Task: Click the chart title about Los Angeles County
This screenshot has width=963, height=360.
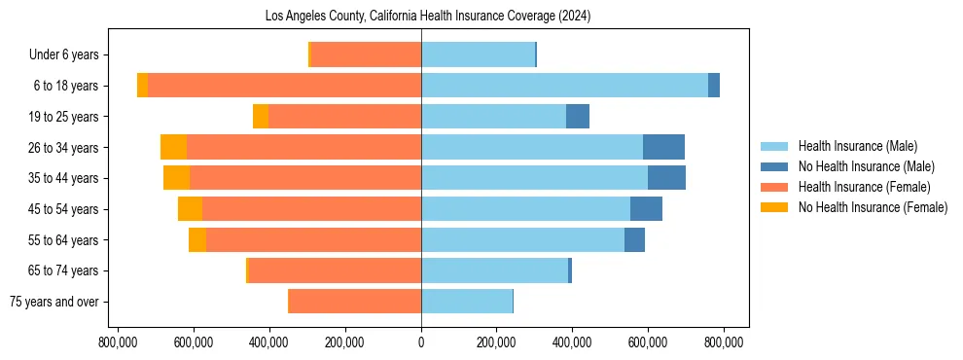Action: (428, 17)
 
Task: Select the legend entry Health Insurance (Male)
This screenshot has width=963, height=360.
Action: (857, 146)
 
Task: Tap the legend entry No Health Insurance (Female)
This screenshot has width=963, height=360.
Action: (873, 207)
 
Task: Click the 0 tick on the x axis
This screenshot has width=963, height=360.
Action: (421, 342)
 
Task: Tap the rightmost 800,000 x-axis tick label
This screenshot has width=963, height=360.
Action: (724, 342)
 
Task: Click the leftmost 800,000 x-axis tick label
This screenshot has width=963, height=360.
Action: (118, 342)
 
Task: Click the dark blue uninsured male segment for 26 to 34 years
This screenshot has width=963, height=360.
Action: (663, 147)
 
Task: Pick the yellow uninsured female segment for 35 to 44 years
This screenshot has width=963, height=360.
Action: (176, 178)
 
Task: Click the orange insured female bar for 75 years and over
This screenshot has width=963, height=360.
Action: (355, 302)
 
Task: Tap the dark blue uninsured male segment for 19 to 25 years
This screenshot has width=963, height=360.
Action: (578, 117)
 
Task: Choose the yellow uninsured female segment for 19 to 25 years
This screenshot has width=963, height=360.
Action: (261, 117)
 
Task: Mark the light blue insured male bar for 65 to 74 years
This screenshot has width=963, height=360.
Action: (494, 270)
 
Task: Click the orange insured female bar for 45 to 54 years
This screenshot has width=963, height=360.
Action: (311, 209)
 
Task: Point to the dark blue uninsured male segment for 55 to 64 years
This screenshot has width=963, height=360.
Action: (634, 239)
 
